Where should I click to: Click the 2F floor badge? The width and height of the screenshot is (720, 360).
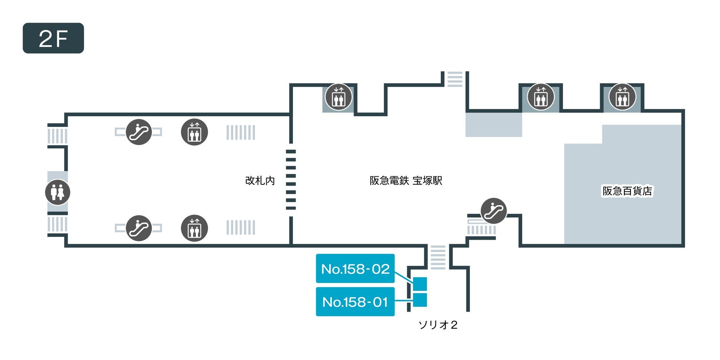coord(53,38)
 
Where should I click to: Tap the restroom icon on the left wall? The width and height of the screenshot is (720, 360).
coord(58,192)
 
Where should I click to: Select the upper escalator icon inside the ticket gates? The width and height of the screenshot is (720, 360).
coord(139,132)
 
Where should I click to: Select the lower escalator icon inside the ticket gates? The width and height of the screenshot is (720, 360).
coord(139,228)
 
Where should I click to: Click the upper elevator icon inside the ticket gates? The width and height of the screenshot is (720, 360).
coord(194,132)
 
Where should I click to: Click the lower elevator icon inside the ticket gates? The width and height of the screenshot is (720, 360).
coord(194,228)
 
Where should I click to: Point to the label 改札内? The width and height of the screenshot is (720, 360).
coord(260,180)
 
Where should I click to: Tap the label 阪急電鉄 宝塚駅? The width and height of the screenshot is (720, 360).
coord(406,180)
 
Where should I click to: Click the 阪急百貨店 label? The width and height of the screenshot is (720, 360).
coord(627,191)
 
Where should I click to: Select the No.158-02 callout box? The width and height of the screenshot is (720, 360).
coord(355,269)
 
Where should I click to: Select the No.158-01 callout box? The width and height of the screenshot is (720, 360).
coord(355,302)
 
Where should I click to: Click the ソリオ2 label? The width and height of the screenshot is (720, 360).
coord(438,325)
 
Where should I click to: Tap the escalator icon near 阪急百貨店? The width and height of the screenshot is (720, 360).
coord(493,211)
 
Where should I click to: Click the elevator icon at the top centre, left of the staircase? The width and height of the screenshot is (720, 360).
coord(338,97)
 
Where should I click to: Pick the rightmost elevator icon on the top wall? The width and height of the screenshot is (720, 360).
coord(622,97)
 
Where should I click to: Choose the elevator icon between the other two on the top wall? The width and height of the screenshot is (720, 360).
coord(540,97)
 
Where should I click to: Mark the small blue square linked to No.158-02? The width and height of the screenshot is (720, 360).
coord(420,284)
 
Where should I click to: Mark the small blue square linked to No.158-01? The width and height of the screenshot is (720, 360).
coord(420,300)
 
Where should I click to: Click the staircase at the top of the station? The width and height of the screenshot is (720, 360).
coord(454,79)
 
